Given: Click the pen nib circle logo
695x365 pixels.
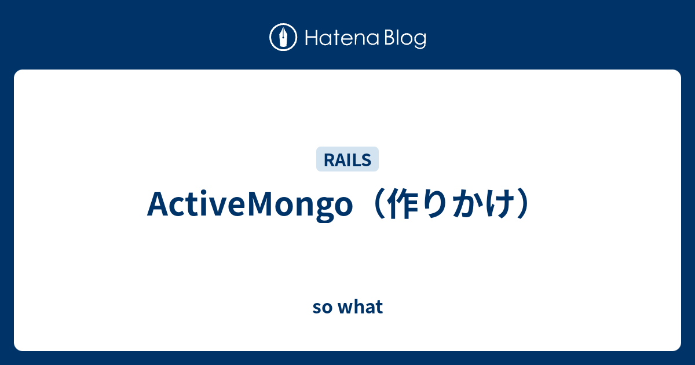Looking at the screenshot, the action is tap(283, 37).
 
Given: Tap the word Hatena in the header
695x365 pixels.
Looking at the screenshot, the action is tap(342, 38).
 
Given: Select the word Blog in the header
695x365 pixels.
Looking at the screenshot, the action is tap(405, 39).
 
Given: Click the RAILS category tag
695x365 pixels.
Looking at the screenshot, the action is tap(348, 159).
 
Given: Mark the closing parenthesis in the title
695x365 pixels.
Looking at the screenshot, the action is tap(524, 204).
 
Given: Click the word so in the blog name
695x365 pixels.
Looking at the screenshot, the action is tap(323, 307).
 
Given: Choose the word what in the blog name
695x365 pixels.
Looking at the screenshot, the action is tap(360, 306).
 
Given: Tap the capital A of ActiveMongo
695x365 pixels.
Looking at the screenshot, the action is tap(159, 203).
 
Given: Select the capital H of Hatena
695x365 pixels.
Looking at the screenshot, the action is tap(312, 38).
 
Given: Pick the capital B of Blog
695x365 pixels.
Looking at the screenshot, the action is tap(390, 38).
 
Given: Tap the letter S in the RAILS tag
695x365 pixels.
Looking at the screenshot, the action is tap(367, 160).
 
